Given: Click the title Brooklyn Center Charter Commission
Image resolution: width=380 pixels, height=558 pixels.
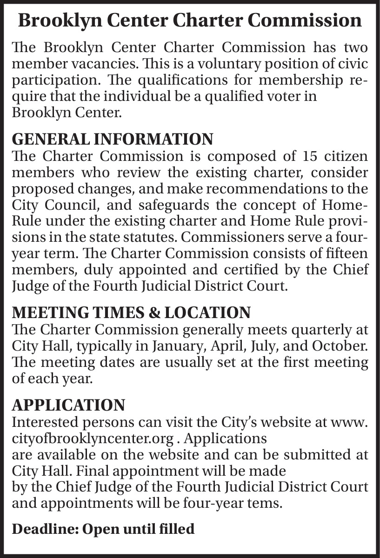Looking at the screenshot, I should tap(190, 21).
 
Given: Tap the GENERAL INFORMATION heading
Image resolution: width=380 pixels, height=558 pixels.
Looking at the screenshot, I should tap(112, 139).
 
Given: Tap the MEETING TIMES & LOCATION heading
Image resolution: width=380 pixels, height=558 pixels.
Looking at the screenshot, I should tap(131, 312).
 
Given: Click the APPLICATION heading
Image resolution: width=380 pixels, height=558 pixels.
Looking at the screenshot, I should tap(68, 405).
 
